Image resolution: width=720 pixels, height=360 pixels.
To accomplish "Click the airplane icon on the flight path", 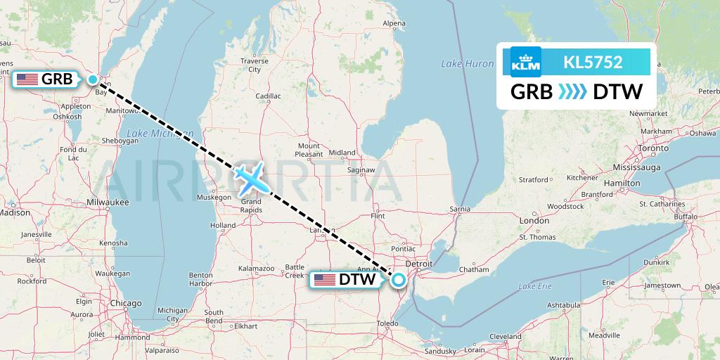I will click(251, 179).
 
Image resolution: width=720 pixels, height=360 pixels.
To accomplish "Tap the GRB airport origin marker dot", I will click(93, 79).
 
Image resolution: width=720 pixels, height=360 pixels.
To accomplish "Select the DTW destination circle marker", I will click(399, 280).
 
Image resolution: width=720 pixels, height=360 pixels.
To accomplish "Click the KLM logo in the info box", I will click(526, 62).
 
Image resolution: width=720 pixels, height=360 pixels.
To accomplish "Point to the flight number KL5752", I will click(593, 62).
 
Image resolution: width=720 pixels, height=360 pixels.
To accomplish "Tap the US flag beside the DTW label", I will click(325, 280).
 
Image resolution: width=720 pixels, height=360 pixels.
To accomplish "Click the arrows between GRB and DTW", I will click(572, 92).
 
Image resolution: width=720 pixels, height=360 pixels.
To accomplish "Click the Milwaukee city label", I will click(108, 202).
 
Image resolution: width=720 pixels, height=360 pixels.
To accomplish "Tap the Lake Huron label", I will click(468, 64).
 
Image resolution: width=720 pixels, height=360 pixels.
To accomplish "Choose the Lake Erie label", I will click(534, 286).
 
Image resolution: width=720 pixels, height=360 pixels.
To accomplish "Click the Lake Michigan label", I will click(151, 133).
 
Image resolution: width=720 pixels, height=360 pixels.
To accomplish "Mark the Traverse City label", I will click(254, 65).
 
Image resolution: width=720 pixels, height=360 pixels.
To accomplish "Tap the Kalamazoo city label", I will click(256, 269).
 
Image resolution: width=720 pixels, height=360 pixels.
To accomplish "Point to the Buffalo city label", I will click(685, 217).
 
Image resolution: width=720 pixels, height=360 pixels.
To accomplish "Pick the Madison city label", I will click(15, 212).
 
